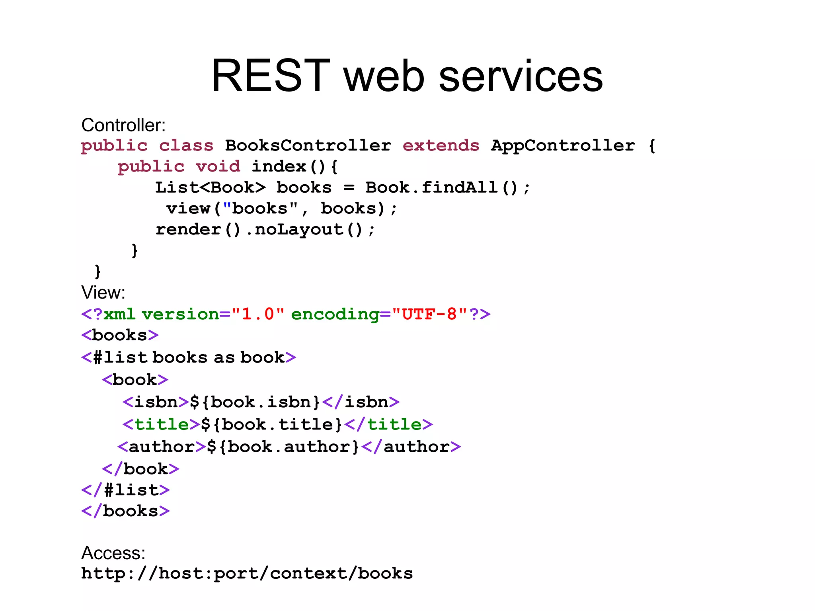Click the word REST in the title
point(271,76)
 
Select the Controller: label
point(123,125)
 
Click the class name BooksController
point(308,146)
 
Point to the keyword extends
point(441,146)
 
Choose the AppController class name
point(563,146)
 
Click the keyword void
point(218,166)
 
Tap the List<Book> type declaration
point(210,187)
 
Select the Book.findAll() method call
point(448,187)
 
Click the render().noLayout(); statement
point(265,230)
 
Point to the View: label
point(103,293)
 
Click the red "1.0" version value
point(258,314)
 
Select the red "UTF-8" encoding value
point(429,314)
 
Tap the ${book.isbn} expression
point(255,402)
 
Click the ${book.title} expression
point(271,424)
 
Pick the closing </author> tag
point(411,447)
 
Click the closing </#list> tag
point(125,490)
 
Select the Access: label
point(113,553)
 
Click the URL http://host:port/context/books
point(247,574)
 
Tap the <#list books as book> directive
point(189,357)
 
